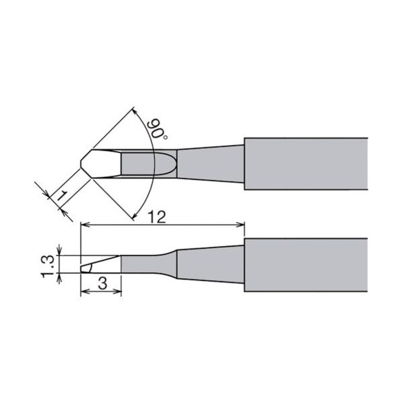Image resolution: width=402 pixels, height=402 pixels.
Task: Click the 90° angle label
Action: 157,129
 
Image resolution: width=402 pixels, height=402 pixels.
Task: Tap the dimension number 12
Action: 157,218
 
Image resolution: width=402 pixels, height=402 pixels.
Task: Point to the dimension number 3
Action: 103,284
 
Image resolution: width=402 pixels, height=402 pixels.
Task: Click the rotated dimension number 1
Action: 62,196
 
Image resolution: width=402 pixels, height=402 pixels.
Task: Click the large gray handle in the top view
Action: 306,164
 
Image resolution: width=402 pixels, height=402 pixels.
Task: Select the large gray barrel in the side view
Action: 306,265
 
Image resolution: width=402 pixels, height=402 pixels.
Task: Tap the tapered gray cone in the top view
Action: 210,164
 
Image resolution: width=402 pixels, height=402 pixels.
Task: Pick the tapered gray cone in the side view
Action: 210,265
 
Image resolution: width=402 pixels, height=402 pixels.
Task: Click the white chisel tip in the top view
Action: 100,163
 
